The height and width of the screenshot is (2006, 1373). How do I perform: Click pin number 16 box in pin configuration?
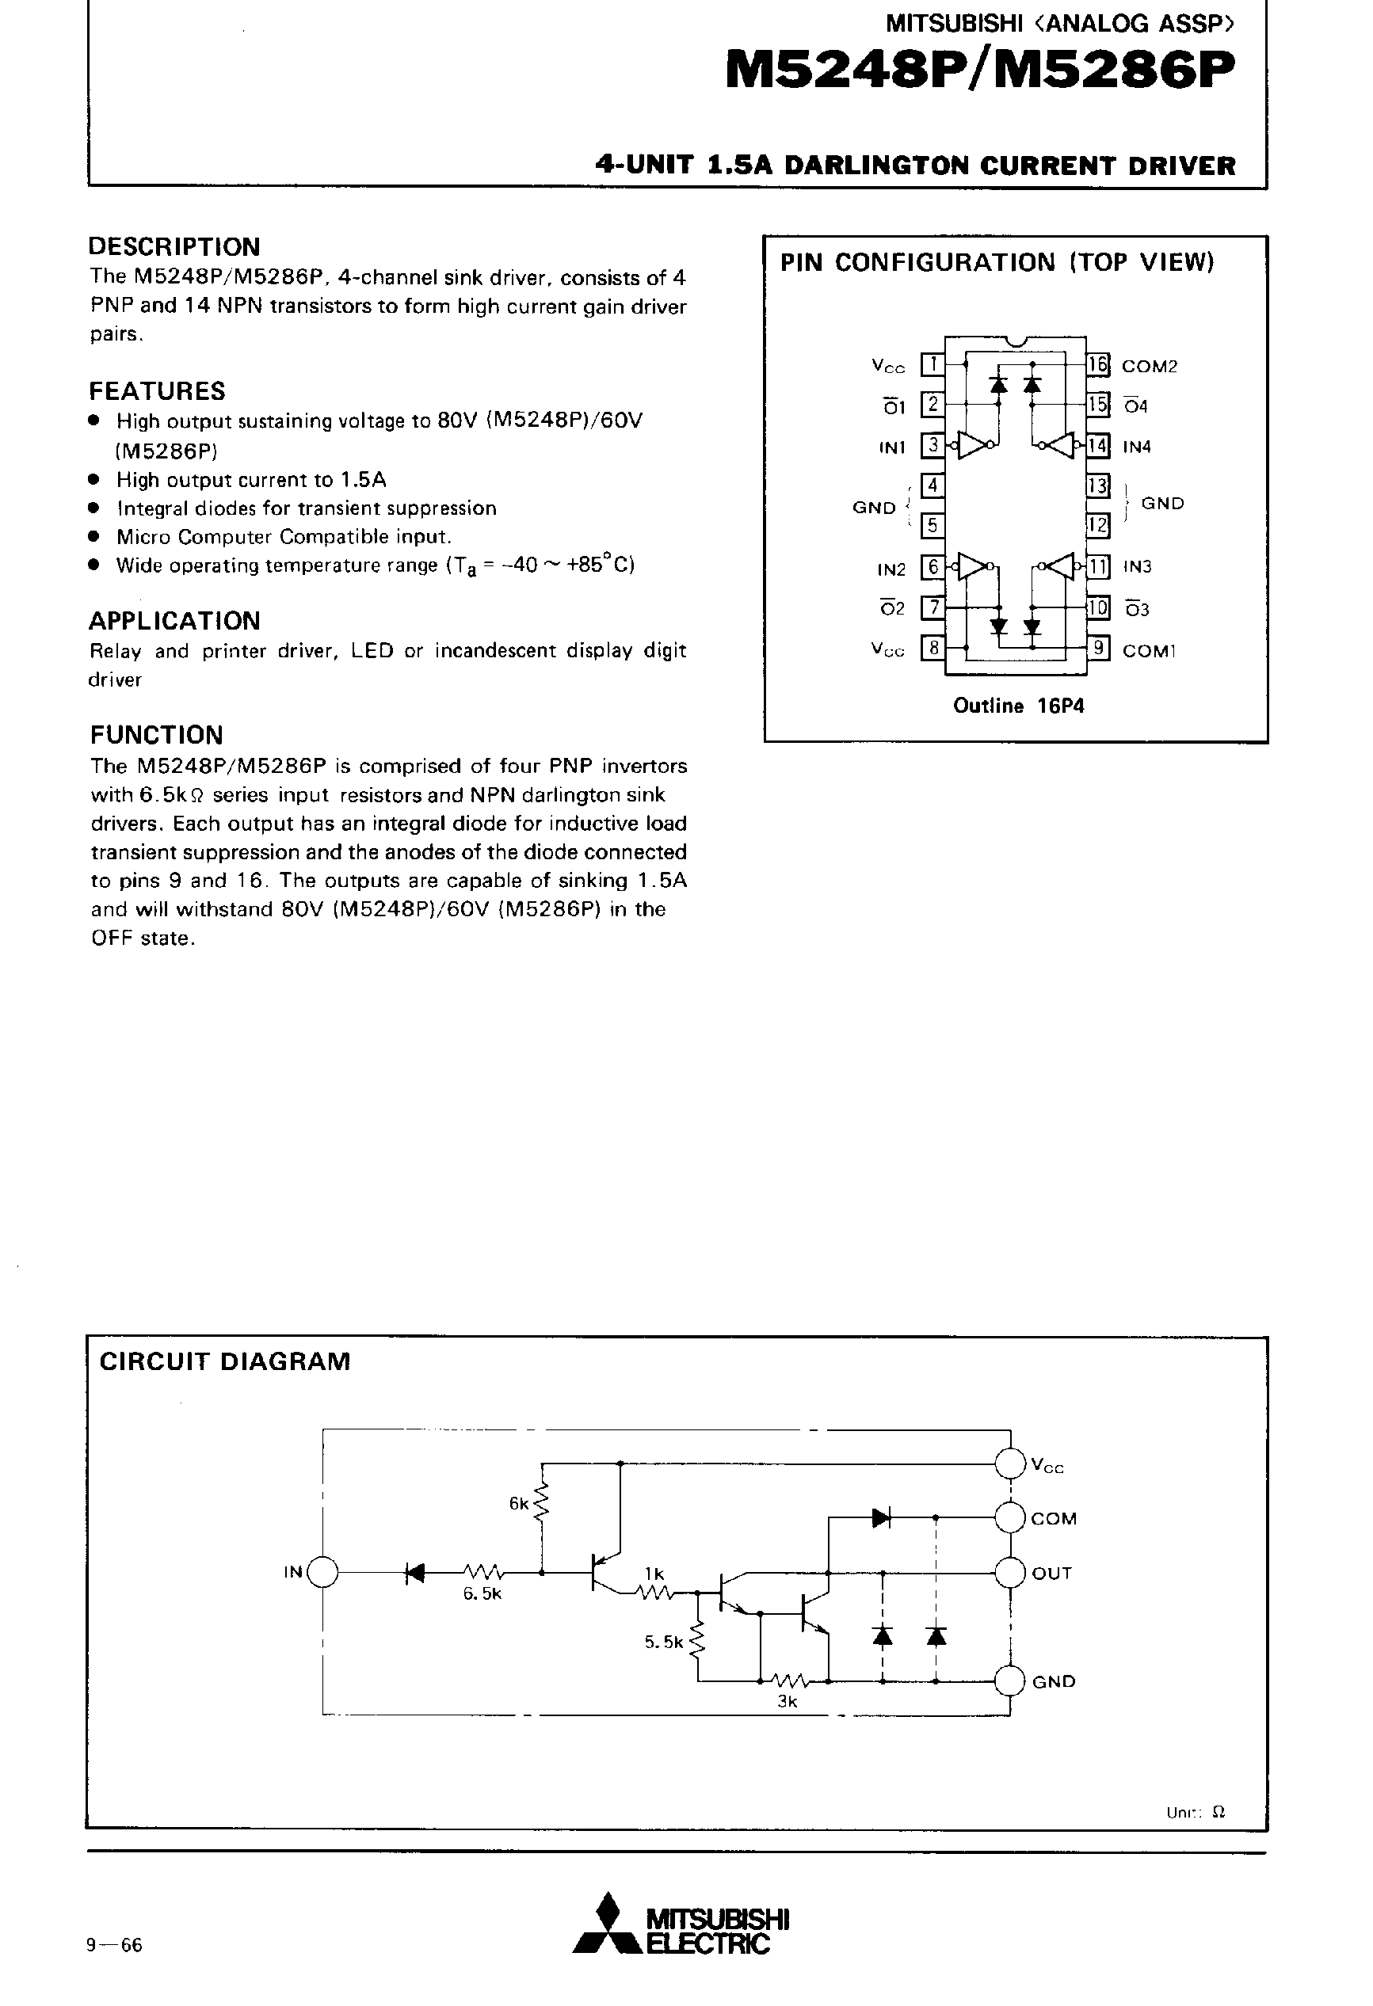[1096, 365]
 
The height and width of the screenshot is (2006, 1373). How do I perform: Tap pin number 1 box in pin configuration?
[932, 365]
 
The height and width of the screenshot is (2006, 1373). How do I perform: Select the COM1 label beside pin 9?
[1149, 651]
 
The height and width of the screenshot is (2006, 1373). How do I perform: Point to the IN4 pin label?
[1136, 447]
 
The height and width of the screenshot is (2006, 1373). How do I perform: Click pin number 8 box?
[932, 647]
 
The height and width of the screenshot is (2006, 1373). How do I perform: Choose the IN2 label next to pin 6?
[891, 569]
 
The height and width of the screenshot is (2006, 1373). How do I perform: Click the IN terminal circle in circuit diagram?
[323, 1573]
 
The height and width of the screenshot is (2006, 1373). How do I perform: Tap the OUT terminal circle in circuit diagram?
[1009, 1573]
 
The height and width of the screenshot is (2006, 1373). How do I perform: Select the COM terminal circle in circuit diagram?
[1009, 1518]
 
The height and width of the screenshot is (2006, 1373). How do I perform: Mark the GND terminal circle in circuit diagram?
[1009, 1681]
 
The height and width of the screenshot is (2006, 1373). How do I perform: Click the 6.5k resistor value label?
[482, 1594]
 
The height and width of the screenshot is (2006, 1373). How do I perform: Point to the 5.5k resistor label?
[663, 1642]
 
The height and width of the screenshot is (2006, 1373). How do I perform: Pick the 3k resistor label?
[787, 1702]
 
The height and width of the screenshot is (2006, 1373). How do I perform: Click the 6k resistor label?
[518, 1504]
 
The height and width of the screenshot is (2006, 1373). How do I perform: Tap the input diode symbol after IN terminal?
[415, 1573]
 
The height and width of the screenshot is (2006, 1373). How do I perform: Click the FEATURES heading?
[156, 391]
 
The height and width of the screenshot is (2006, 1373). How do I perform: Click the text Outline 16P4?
[1018, 706]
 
